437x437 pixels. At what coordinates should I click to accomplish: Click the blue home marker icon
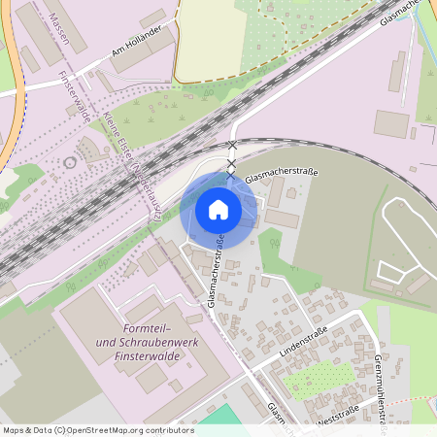tap(218, 210)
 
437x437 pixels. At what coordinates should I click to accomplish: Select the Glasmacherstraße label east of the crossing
tap(282, 176)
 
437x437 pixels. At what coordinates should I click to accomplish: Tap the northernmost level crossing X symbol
tap(231, 146)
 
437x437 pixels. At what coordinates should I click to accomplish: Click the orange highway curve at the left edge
tap(9, 97)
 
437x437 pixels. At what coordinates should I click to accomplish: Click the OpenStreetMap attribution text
tap(97, 430)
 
